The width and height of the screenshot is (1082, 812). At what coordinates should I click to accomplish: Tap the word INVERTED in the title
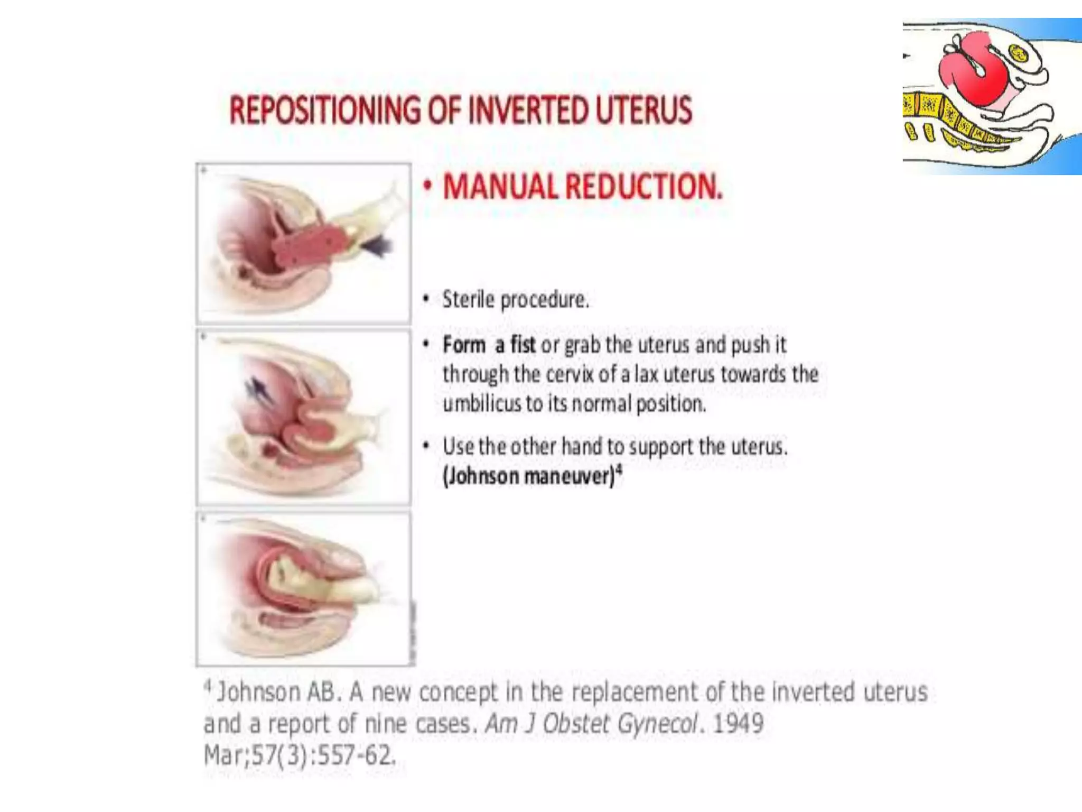[529, 110]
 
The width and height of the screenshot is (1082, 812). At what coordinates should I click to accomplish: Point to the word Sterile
[468, 300]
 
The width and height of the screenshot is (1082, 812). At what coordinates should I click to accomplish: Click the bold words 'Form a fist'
[489, 345]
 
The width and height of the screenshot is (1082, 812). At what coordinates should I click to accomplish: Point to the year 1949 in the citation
[738, 723]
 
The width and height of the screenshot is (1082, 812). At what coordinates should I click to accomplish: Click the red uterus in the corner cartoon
[972, 74]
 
